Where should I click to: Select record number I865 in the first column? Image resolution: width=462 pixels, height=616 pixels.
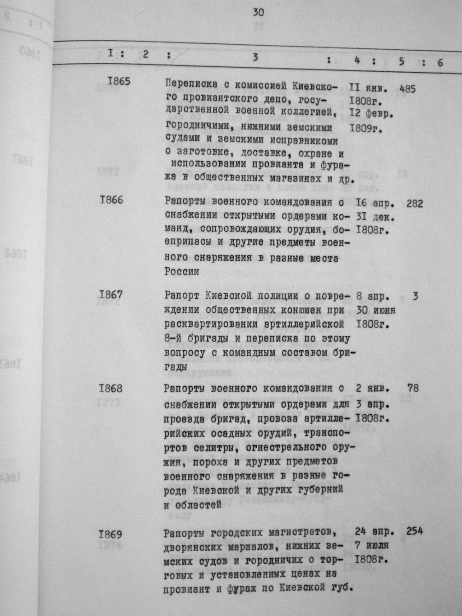point(119,82)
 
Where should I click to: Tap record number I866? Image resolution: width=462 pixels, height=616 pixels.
point(111,199)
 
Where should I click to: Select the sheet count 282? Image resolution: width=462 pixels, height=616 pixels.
point(415,204)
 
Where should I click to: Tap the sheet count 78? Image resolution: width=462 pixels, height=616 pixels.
point(412,387)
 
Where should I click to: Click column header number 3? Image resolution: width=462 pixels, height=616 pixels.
point(255,57)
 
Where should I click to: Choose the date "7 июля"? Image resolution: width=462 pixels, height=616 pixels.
point(372,545)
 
